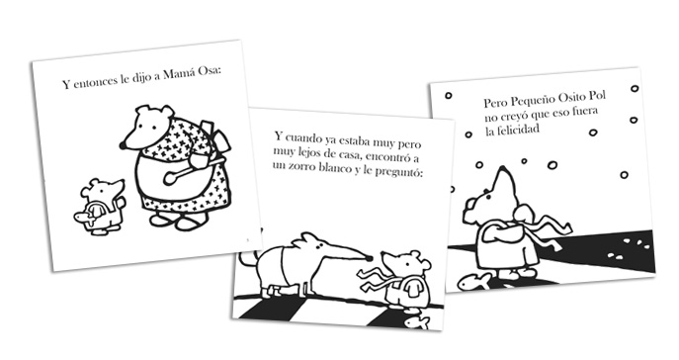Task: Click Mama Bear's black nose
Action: click(x=123, y=145)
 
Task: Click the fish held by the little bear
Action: click(x=85, y=217)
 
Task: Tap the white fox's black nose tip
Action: click(x=369, y=259)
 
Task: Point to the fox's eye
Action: click(x=319, y=246)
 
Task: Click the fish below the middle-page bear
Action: click(x=416, y=322)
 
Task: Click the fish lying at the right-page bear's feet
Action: click(x=474, y=282)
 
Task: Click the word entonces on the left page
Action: click(x=96, y=81)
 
